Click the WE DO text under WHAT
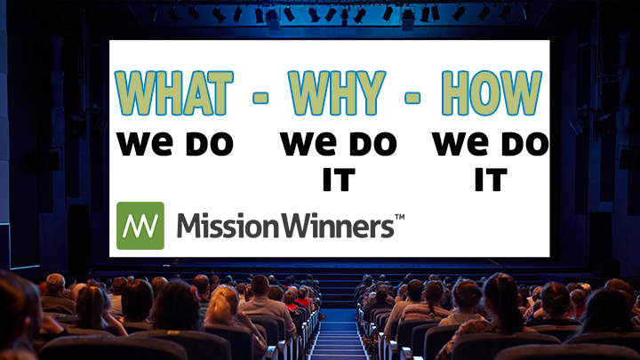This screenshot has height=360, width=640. click(174, 143)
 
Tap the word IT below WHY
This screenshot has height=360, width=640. click(339, 180)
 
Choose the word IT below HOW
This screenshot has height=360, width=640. click(490, 180)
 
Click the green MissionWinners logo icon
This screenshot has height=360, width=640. click(140, 225)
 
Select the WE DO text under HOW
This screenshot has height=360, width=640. click(491, 143)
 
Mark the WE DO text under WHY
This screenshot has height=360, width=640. click(339, 143)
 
